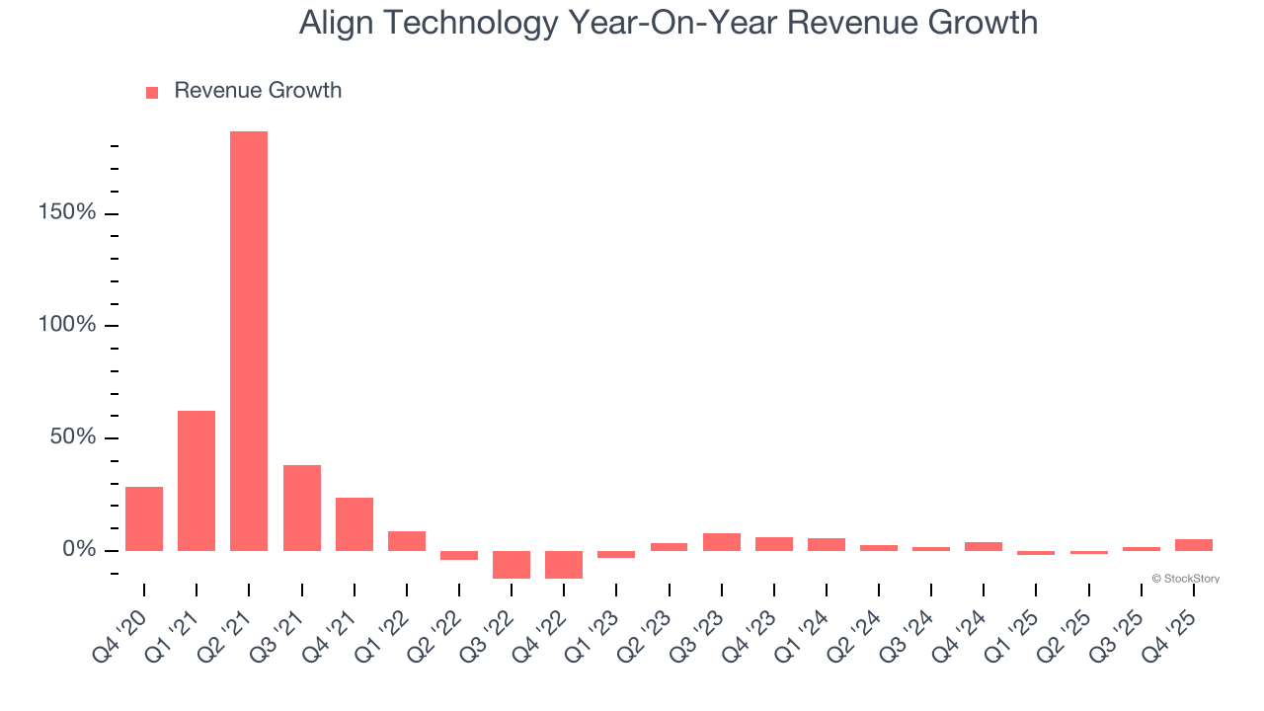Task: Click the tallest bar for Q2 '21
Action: (249, 341)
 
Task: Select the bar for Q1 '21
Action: (197, 481)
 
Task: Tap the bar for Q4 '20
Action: (144, 518)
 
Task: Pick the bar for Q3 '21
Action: (301, 508)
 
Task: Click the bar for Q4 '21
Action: (354, 524)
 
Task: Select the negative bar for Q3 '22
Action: (512, 564)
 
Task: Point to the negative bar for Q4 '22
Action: (564, 564)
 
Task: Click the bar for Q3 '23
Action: (721, 542)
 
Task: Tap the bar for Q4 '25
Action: (1193, 545)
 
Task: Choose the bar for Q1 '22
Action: (407, 541)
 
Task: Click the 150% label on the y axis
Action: (68, 213)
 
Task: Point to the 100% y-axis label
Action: (68, 325)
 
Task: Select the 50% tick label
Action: (74, 437)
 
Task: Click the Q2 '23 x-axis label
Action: (646, 636)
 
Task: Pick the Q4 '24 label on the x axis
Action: (961, 636)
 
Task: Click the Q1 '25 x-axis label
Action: (1013, 636)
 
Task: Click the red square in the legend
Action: (152, 93)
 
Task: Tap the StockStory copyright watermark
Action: (1185, 579)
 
